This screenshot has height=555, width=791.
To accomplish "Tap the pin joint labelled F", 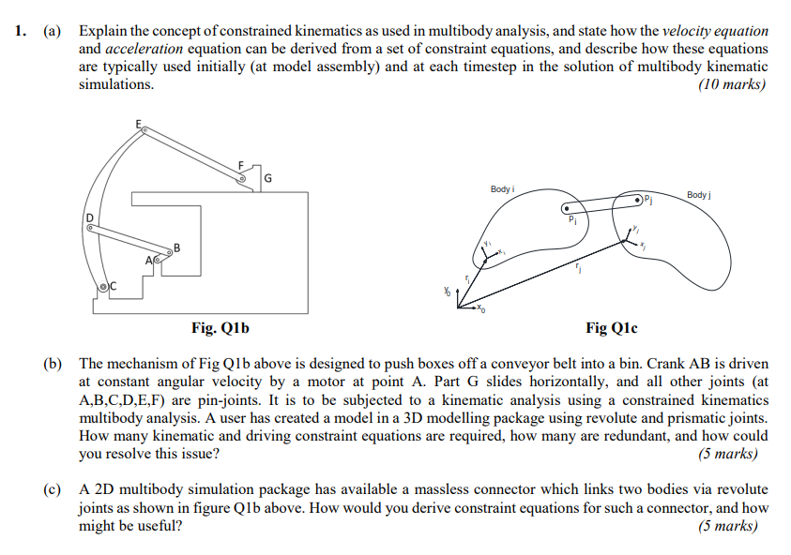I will (242, 174).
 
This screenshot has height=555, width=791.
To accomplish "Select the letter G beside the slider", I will (269, 179).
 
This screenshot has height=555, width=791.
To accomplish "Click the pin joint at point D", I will (91, 225).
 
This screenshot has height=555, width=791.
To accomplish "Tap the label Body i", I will (502, 189).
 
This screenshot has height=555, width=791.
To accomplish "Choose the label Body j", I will (699, 194).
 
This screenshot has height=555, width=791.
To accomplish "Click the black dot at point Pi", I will (565, 209).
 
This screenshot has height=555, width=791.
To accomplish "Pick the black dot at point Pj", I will (639, 199).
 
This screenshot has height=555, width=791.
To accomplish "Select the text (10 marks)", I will (732, 84).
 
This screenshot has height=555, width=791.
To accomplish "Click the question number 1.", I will (21, 31).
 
